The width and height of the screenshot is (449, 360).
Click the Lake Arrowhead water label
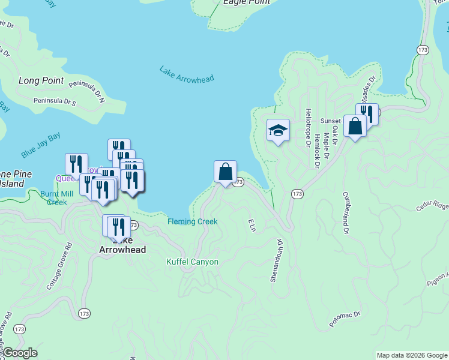(x=187, y=74)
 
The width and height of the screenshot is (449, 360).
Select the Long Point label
(x=41, y=80)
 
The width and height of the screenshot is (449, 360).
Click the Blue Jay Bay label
(x=41, y=146)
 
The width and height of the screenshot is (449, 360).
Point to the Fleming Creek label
(x=192, y=221)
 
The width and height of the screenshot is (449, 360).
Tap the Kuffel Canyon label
(x=192, y=262)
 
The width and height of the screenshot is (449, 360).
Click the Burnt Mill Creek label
(x=57, y=198)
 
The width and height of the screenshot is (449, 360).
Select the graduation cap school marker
(x=278, y=130)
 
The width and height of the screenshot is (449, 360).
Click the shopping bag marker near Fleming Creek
(x=225, y=172)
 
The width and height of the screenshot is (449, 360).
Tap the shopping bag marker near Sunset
(x=355, y=126)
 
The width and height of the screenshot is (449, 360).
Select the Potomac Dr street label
(x=344, y=319)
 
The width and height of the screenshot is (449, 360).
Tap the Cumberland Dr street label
(x=346, y=212)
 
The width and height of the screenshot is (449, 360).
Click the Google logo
(x=20, y=353)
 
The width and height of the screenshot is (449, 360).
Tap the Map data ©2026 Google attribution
(x=412, y=355)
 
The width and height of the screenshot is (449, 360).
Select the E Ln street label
(x=252, y=226)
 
